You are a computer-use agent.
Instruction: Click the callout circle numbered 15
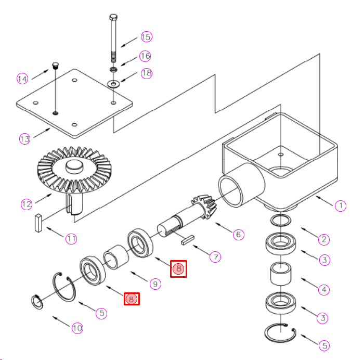[147, 37]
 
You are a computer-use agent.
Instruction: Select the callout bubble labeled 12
[27, 204]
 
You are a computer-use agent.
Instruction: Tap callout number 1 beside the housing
[341, 206]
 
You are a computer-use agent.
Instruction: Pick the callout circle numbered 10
[77, 328]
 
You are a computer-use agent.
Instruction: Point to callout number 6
[238, 235]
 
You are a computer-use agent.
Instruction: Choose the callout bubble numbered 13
[24, 139]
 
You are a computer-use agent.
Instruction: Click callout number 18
[147, 73]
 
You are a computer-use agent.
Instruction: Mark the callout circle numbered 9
[155, 284]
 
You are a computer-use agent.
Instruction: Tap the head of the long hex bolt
[113, 17]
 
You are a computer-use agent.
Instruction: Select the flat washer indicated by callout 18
[113, 84]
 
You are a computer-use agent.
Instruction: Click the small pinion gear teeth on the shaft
[205, 206]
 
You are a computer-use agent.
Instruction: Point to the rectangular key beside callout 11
[38, 223]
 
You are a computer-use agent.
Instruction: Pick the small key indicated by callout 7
[188, 240]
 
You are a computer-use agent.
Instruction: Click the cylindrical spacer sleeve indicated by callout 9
[116, 257]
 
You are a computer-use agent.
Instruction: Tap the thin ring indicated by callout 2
[281, 221]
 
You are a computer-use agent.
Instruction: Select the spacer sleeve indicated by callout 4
[281, 274]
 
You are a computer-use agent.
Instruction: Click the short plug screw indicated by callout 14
[56, 66]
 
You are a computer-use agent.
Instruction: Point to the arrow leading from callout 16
[129, 61]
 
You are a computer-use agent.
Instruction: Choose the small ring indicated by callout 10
[37, 302]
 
